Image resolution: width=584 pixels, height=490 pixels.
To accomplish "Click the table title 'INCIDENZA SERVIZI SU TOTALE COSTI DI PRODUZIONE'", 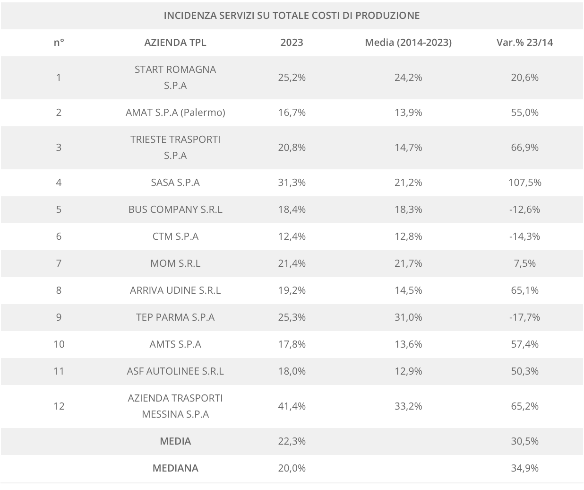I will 292,15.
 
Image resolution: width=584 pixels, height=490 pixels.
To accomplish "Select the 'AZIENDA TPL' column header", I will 175,42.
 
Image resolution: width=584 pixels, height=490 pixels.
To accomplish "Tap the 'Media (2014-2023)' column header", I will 408,42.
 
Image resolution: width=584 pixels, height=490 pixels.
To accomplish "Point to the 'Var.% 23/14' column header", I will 524,42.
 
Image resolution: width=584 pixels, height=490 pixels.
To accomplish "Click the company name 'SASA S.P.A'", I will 175,182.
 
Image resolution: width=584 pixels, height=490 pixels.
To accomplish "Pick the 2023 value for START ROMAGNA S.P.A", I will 292,77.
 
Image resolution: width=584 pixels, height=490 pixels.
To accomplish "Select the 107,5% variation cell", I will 524,182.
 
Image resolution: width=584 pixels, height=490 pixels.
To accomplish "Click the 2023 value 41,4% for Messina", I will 292,406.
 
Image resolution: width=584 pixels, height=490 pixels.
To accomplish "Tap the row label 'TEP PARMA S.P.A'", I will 175,317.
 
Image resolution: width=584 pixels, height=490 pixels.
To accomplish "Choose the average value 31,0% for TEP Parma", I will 408,317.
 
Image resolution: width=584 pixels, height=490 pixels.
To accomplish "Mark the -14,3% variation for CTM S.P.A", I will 524,236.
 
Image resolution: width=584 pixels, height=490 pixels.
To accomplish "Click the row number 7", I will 59,263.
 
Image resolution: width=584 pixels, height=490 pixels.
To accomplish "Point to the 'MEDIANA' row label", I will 175,468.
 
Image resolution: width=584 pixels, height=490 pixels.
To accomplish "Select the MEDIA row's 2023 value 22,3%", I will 292,441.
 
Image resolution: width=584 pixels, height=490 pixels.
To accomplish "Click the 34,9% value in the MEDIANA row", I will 524,468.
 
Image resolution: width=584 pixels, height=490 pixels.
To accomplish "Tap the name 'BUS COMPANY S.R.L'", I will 175,209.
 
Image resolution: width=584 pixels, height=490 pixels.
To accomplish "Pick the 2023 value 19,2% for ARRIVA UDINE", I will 292,290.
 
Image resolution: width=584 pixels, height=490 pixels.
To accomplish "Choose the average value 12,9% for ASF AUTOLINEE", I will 408,371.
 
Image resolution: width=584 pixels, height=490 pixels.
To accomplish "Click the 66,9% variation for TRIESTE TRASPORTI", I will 524,147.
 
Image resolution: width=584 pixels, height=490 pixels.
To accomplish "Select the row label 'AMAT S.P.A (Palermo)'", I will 175,112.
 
